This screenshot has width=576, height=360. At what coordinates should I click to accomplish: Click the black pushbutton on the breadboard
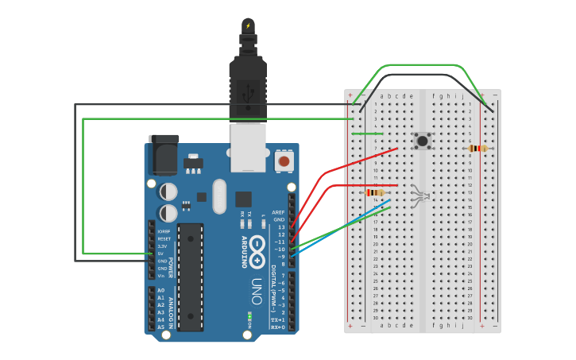coord(423,141)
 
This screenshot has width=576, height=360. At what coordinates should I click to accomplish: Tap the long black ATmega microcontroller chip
coord(190,277)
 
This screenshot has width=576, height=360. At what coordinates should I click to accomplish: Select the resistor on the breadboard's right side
coord(477,148)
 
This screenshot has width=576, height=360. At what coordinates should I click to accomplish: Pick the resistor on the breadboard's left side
coord(375,192)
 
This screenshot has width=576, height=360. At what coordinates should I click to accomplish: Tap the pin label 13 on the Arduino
coord(280,227)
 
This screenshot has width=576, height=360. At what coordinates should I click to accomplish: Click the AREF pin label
coord(277,213)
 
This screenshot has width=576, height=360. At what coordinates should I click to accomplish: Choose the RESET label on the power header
coord(164,238)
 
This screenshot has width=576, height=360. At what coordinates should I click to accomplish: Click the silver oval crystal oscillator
coord(219,195)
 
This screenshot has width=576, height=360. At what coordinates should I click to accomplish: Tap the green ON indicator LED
coord(249,315)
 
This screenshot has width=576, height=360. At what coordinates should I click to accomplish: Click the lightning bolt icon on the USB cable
coord(248,25)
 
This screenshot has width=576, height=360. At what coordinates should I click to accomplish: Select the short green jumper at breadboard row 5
coord(367,134)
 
